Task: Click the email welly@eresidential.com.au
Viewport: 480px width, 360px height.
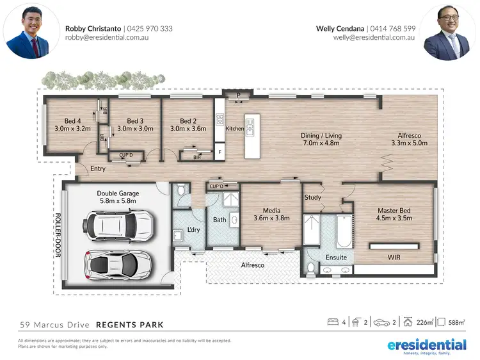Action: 374,38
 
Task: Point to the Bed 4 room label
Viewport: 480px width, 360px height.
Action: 73,120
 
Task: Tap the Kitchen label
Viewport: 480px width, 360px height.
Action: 235,129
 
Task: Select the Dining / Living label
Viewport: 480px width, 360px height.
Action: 321,135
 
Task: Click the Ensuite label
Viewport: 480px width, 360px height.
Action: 336,257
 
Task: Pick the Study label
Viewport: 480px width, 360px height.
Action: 312,197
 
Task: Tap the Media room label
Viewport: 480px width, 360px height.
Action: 271,209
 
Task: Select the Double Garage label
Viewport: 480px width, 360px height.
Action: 118,193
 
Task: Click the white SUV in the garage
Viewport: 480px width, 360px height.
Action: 116,224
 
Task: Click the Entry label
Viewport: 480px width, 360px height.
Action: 98,168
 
